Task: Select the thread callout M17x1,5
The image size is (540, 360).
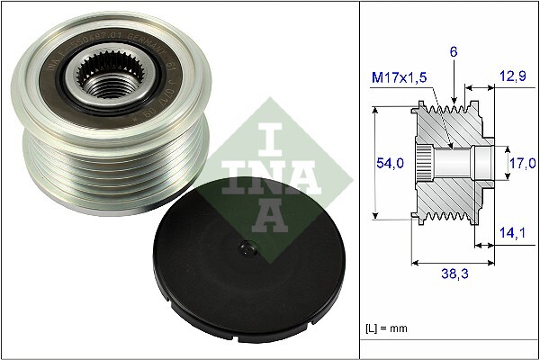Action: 399,78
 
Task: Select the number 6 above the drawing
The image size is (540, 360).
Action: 455,54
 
